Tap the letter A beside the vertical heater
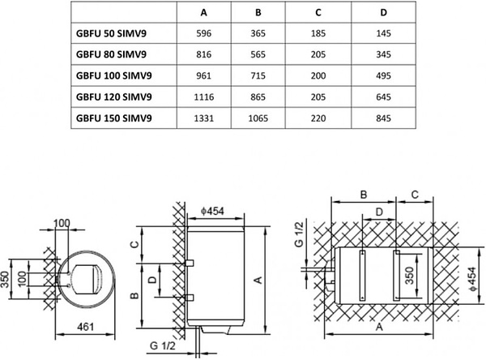pos(258,280)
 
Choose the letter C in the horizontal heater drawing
pos(416,195)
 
